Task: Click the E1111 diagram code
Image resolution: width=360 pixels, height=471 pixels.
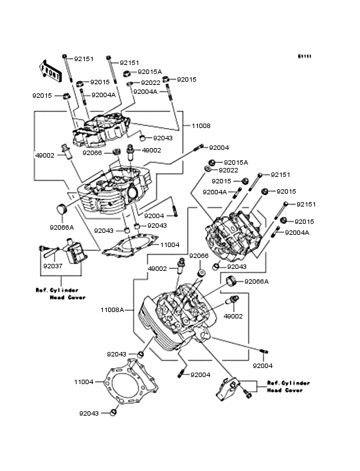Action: click(x=304, y=57)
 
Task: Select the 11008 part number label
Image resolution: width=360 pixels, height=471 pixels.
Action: click(x=199, y=126)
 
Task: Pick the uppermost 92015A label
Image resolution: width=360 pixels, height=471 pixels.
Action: click(x=150, y=72)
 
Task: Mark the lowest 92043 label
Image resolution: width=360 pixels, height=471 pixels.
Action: click(x=90, y=414)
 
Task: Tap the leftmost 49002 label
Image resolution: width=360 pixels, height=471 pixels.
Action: click(x=45, y=155)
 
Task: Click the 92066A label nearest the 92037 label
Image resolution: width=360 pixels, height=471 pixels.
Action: click(x=62, y=226)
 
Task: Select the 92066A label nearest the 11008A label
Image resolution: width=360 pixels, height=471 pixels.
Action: click(x=257, y=282)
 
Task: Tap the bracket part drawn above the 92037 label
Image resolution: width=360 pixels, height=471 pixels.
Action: click(x=71, y=251)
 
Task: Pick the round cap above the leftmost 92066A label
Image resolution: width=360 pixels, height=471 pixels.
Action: click(x=62, y=209)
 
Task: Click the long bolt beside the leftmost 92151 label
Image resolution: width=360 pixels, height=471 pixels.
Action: click(x=66, y=68)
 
